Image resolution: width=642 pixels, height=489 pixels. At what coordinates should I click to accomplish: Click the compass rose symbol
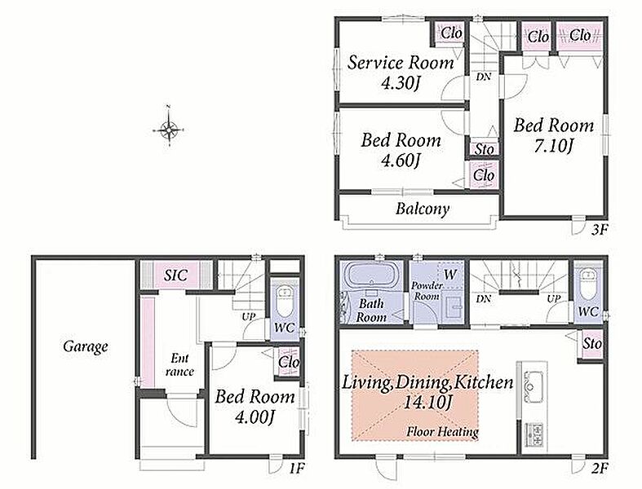coord(168,130)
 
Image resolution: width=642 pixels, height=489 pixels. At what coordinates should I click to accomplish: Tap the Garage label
coord(86,347)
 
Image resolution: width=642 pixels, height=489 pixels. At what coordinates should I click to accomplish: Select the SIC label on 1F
coord(175,275)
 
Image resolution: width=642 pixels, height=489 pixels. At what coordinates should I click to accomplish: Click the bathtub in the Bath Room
coord(371,275)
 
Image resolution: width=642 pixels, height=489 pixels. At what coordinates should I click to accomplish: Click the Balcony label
coord(423,209)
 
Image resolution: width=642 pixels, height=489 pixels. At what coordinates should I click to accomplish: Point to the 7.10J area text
coord(553,146)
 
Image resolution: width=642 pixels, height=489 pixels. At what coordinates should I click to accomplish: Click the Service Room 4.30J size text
coord(401,84)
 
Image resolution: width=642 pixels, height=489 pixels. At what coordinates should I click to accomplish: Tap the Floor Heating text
coord(443,431)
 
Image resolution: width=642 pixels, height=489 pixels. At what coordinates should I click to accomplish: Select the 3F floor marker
coord(599,230)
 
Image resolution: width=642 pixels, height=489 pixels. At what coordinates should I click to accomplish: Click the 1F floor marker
coord(297,468)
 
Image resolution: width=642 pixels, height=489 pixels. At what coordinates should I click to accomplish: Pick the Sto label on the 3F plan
coord(485,149)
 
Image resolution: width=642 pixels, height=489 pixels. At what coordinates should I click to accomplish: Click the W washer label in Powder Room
coord(449,274)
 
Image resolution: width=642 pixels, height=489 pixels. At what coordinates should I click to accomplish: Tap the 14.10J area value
coord(427,403)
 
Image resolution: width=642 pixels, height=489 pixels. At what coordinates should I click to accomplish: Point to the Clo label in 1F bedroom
coord(288,362)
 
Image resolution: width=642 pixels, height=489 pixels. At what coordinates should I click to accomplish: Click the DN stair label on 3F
coord(484,77)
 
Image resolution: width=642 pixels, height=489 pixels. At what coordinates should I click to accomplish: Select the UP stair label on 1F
coord(248,317)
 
